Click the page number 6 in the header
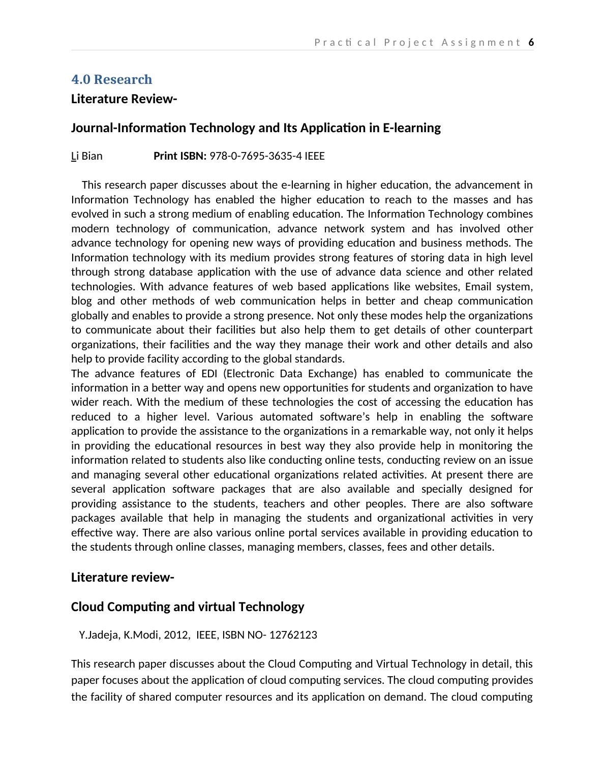point(531,42)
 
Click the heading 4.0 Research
point(111,79)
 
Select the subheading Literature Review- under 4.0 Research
point(124,99)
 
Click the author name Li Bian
point(86,156)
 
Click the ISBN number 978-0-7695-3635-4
point(256,156)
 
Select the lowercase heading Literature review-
point(123,578)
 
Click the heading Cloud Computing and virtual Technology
point(188,607)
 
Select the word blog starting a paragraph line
point(81,301)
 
